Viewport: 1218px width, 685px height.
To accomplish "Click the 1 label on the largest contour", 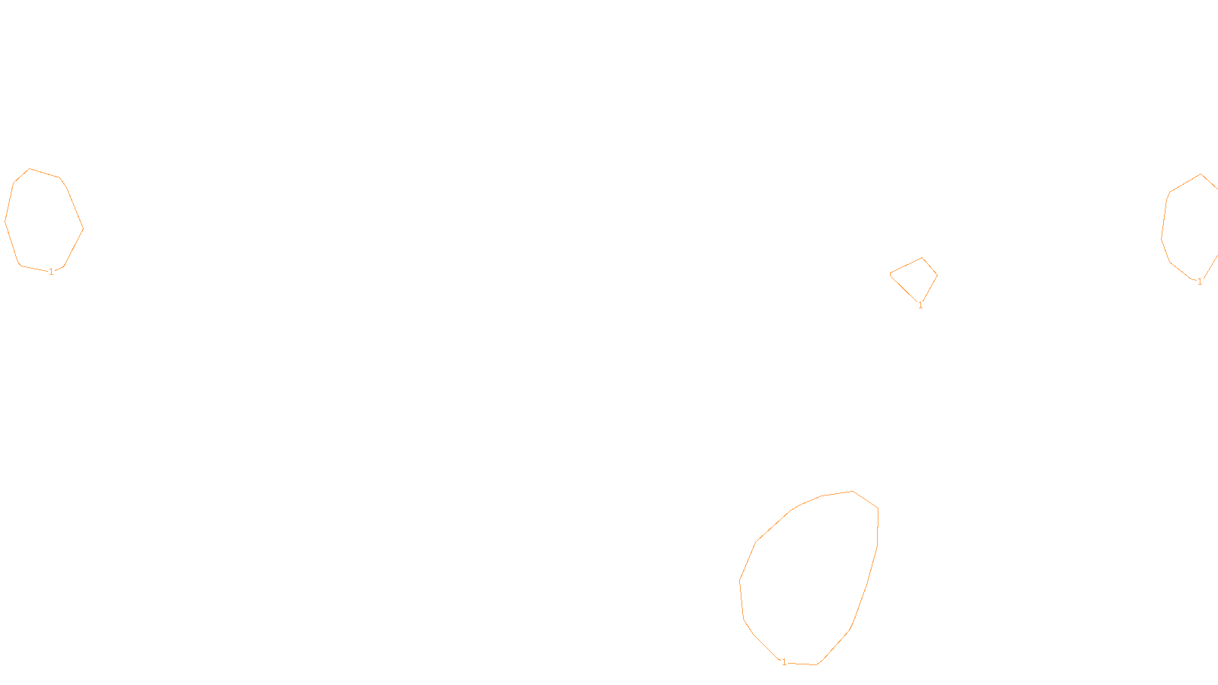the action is [x=784, y=662].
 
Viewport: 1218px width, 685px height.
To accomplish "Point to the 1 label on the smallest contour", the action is [x=920, y=305].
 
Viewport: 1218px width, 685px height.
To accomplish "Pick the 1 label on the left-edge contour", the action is [x=51, y=272].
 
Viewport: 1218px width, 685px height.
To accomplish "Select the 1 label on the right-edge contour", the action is [x=1200, y=282].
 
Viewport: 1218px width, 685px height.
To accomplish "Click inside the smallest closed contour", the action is [x=916, y=278].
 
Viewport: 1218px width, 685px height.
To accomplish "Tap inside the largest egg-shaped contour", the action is [x=811, y=578].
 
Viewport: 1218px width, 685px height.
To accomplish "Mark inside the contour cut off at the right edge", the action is [x=1191, y=228].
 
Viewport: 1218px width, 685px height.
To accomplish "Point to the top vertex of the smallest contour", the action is [x=923, y=258].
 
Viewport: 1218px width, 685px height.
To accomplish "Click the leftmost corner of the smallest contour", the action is [x=890, y=274].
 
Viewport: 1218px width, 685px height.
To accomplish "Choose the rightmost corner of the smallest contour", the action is [x=937, y=276].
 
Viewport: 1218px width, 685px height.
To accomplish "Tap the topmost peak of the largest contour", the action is [x=853, y=491].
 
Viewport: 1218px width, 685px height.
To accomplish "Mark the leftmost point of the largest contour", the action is [x=739, y=582].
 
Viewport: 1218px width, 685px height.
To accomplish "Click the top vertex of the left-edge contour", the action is [x=30, y=169].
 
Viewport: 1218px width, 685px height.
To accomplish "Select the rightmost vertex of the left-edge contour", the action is [x=83, y=228].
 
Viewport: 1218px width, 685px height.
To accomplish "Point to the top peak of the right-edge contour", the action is [x=1201, y=174].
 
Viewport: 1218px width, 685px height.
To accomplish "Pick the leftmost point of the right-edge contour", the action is [x=1161, y=237].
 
